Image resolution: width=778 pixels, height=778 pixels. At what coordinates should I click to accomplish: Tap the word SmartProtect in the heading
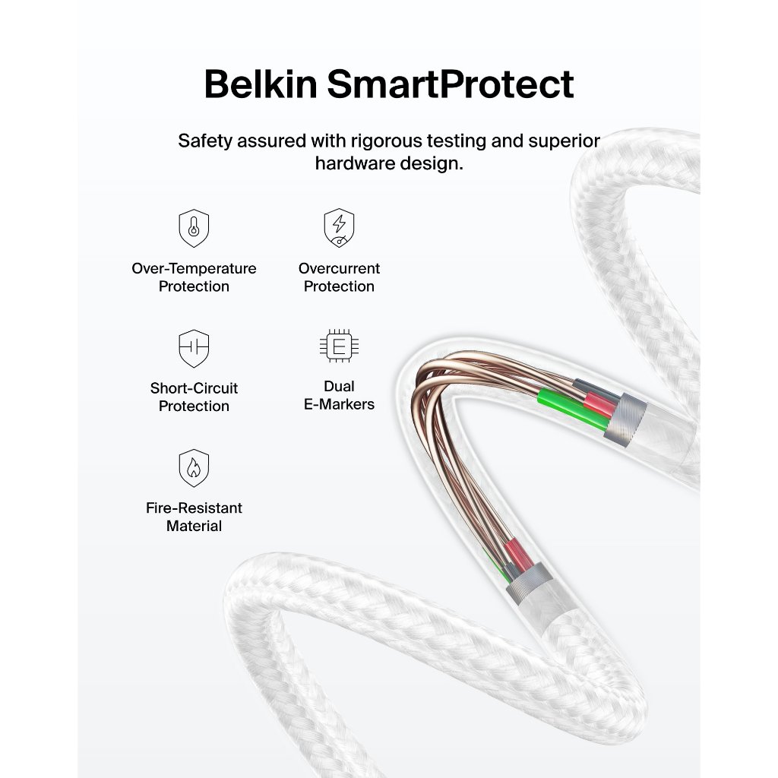click(451, 84)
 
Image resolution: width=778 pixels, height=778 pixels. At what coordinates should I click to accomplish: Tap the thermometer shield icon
click(194, 227)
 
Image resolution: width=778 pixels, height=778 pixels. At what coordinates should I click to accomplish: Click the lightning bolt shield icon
click(339, 227)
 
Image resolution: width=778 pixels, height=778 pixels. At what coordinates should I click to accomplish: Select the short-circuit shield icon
click(194, 348)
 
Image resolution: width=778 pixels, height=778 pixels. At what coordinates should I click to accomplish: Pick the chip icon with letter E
click(339, 346)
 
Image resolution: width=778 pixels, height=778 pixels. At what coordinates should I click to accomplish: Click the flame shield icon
click(194, 468)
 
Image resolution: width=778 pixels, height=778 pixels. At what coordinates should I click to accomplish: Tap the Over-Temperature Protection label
click(194, 277)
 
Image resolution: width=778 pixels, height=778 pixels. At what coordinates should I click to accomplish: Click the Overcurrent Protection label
click(339, 277)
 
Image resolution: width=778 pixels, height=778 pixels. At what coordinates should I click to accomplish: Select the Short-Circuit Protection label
click(194, 397)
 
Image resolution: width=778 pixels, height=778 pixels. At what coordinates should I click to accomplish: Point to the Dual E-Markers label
click(339, 395)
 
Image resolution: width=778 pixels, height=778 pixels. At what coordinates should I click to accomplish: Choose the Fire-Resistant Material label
click(194, 517)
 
